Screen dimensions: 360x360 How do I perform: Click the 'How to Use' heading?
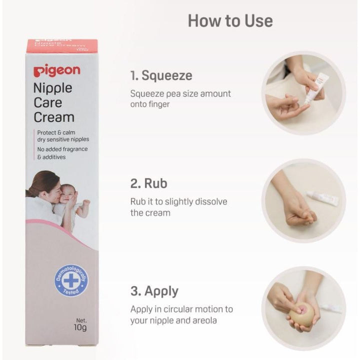(x=230, y=20)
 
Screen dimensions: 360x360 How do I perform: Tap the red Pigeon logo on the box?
(x=56, y=71)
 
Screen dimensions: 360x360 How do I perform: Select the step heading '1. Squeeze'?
(x=161, y=76)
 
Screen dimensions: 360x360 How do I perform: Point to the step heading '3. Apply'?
(x=154, y=291)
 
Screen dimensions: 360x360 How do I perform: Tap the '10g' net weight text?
(x=79, y=328)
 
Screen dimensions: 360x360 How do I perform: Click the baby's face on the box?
(x=69, y=192)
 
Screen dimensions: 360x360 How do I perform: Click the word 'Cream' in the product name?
(x=54, y=117)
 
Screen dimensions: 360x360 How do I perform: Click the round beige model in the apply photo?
(x=302, y=313)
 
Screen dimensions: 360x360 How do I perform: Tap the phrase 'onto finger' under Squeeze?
(x=150, y=104)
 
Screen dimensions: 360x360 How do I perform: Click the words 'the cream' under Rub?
(x=150, y=212)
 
